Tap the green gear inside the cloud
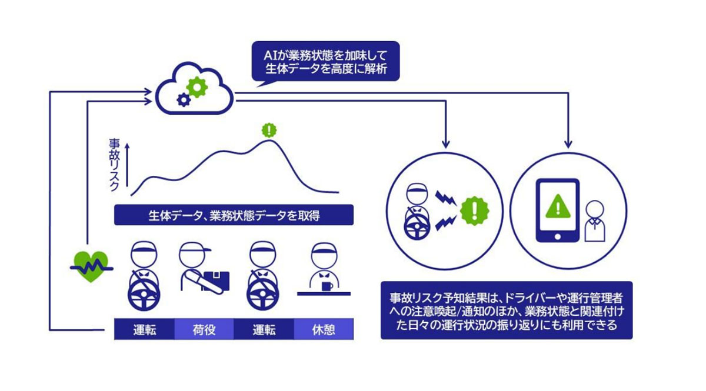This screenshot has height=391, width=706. (198, 87)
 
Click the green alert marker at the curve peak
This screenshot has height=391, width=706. (269, 129)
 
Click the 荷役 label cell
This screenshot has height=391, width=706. (204, 329)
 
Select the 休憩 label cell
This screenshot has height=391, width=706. (324, 329)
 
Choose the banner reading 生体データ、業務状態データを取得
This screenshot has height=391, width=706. (234, 215)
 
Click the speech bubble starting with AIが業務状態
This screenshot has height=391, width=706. (325, 61)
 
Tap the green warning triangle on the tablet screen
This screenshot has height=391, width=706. (557, 206)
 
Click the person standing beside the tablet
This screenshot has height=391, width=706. (594, 220)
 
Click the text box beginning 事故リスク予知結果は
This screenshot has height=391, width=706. (506, 310)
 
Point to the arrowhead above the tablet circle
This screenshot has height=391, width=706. (568, 144)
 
